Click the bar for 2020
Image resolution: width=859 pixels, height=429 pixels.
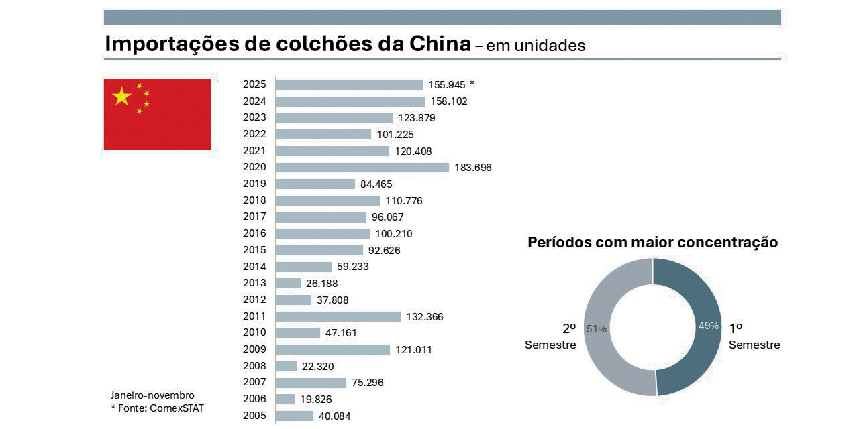tap(362, 168)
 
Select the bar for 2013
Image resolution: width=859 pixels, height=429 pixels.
tap(288, 283)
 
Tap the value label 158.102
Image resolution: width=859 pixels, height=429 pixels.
tap(449, 101)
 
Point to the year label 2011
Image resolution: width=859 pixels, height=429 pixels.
tap(254, 316)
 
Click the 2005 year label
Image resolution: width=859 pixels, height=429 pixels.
tap(254, 416)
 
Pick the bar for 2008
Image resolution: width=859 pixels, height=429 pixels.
tap(286, 366)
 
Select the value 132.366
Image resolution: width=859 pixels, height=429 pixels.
tap(425, 316)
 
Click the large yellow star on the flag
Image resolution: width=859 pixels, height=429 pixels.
tap(121, 97)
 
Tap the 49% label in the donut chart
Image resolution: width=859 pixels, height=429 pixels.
tap(709, 326)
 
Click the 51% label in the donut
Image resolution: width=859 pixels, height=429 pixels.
tap(597, 329)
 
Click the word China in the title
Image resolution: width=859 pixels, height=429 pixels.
tap(438, 44)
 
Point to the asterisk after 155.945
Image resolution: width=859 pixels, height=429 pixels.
tap(472, 84)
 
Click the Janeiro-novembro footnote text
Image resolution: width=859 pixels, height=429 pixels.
tap(152, 395)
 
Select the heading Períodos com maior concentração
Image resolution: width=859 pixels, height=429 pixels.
tap(652, 243)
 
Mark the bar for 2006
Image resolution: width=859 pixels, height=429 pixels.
tap(285, 399)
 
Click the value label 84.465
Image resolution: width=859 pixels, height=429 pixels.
tap(376, 184)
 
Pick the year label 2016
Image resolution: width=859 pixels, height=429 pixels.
tap(254, 233)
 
